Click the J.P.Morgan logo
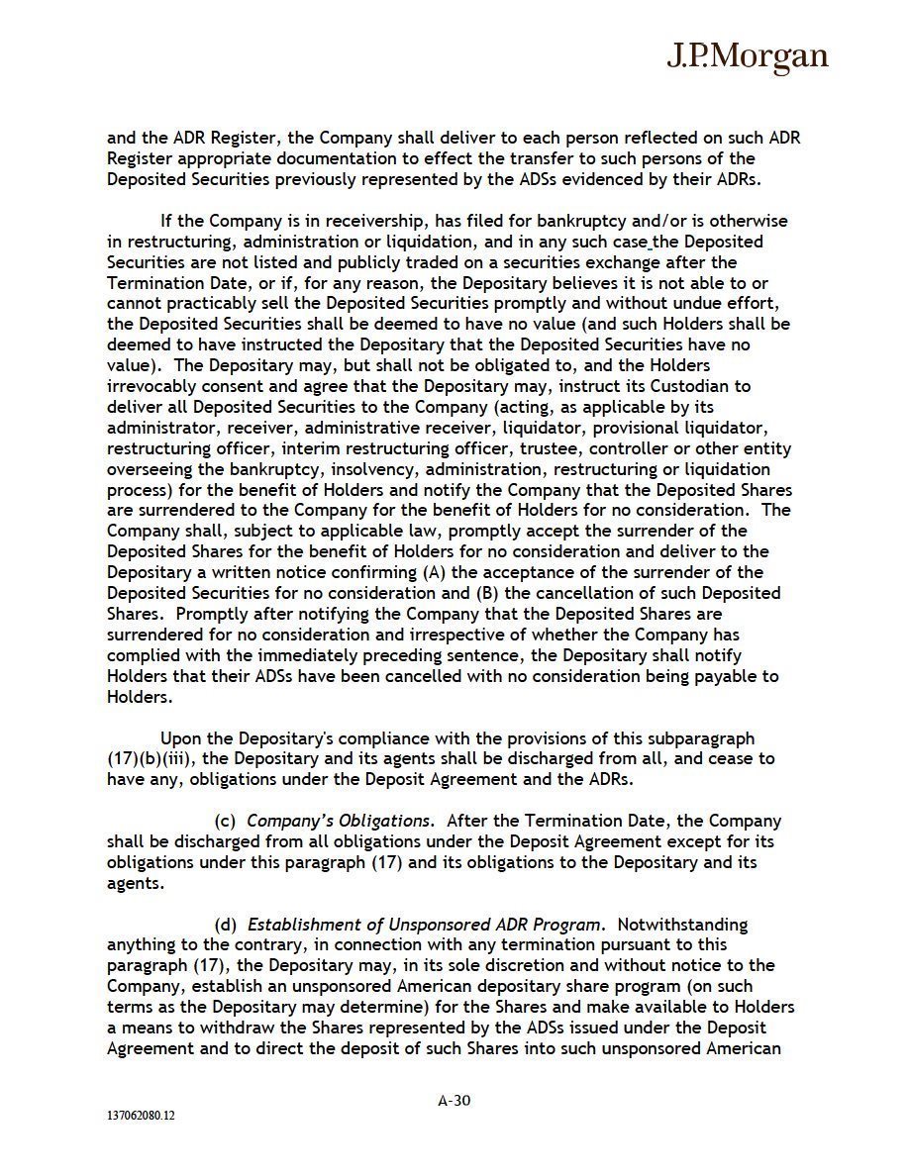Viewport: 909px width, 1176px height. [x=746, y=56]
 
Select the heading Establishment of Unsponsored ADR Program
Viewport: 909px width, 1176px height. [x=425, y=925]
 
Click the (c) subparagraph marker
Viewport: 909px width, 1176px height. [x=226, y=821]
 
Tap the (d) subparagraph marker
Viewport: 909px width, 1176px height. [x=226, y=925]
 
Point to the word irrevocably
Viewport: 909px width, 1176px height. [x=152, y=386]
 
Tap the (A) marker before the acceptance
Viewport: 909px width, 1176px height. [x=434, y=572]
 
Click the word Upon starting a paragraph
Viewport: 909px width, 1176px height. [x=183, y=738]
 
